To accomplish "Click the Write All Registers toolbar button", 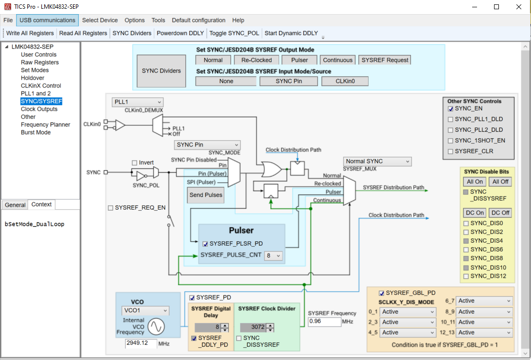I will pos(30,33).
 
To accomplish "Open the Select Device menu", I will pos(100,20).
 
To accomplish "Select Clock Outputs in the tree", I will pos(39,109).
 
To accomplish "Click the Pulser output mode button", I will pos(300,60).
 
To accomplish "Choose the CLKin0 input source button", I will pos(345,81).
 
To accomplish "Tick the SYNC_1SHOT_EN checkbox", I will pos(451,141).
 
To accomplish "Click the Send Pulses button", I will pos(206,195).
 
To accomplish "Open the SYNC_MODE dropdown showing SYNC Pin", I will pos(208,145).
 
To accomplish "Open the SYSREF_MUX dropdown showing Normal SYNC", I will pos(377,161).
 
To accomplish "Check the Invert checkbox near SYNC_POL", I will pos(135,162).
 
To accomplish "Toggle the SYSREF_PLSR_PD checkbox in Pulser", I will pos(205,244).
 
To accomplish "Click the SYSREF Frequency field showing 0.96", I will pos(324,322).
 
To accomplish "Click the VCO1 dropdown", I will pos(145,310).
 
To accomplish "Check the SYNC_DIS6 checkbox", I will pos(466,249).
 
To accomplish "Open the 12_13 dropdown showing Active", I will pos(484,332).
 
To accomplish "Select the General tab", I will pos(15,205).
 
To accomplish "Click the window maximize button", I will pos(496,7).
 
